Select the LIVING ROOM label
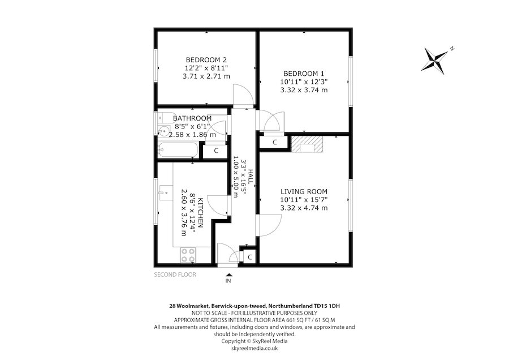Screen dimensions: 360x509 pyautogui.click(x=305, y=191)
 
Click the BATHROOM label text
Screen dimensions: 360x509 pyautogui.click(x=192, y=118)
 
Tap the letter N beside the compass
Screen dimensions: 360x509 pyautogui.click(x=451, y=49)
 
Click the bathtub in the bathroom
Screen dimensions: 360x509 pyautogui.click(x=178, y=151)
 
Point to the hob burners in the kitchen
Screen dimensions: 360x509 pyautogui.click(x=188, y=255)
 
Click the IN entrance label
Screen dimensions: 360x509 pyautogui.click(x=228, y=280)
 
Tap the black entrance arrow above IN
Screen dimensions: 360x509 pyautogui.click(x=228, y=273)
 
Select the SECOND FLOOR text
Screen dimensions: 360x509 pyautogui.click(x=175, y=275)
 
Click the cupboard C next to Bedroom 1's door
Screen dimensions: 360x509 pyautogui.click(x=274, y=142)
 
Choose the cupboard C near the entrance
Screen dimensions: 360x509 pyautogui.click(x=249, y=256)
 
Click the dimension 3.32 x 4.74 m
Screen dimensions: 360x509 pyautogui.click(x=305, y=208)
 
